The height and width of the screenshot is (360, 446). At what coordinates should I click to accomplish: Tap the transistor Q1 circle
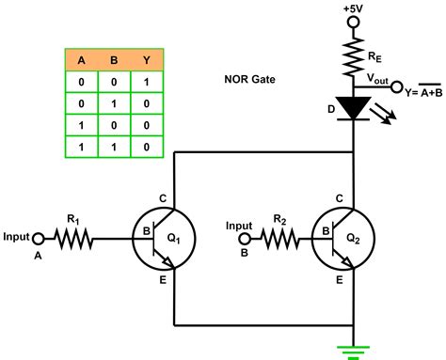coord(164,241)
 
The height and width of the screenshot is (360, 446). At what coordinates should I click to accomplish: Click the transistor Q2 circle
coord(341,241)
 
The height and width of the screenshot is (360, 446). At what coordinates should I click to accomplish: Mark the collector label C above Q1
coord(163,198)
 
